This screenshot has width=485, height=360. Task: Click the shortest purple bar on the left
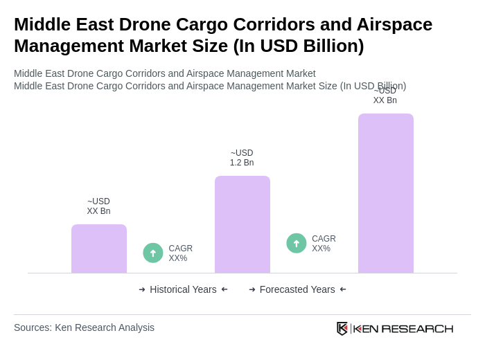pyautogui.click(x=99, y=249)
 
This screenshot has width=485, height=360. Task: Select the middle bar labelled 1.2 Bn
pyautogui.click(x=242, y=224)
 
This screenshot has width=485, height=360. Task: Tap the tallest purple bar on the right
pyautogui.click(x=386, y=193)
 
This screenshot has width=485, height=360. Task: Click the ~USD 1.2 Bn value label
pyautogui.click(x=242, y=158)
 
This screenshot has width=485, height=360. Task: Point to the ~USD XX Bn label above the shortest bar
pyautogui.click(x=98, y=206)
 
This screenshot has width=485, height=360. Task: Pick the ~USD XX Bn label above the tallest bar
pyautogui.click(x=385, y=96)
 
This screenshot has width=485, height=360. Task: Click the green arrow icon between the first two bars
pyautogui.click(x=153, y=253)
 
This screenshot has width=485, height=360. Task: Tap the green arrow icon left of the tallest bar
pyautogui.click(x=297, y=244)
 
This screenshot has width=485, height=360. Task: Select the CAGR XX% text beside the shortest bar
pyautogui.click(x=180, y=253)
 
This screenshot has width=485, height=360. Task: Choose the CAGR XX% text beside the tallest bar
pyautogui.click(x=324, y=244)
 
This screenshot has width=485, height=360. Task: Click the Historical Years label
pyautogui.click(x=183, y=289)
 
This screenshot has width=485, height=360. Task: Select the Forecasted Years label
pyautogui.click(x=297, y=289)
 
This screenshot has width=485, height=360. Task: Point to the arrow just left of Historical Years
pyautogui.click(x=142, y=289)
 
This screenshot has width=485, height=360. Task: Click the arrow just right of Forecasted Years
pyautogui.click(x=343, y=289)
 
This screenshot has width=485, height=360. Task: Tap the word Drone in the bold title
pyautogui.click(x=146, y=24)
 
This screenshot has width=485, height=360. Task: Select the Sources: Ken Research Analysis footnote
pyautogui.click(x=84, y=327)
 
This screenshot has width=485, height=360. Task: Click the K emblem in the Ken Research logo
pyautogui.click(x=342, y=328)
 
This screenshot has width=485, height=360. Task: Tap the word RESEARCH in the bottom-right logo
pyautogui.click(x=417, y=328)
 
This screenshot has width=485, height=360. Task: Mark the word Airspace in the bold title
pyautogui.click(x=395, y=24)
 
